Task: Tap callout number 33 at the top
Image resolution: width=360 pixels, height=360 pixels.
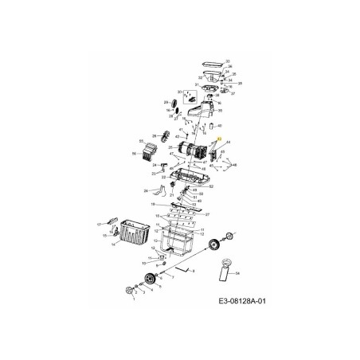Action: pos(228,61)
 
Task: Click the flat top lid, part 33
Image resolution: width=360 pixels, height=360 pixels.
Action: pos(212,62)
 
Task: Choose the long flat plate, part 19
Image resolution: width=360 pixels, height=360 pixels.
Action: pos(184,206)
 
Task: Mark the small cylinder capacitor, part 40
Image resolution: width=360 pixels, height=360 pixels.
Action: pos(209,126)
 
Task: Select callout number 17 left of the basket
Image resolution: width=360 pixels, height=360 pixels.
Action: pos(100,225)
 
